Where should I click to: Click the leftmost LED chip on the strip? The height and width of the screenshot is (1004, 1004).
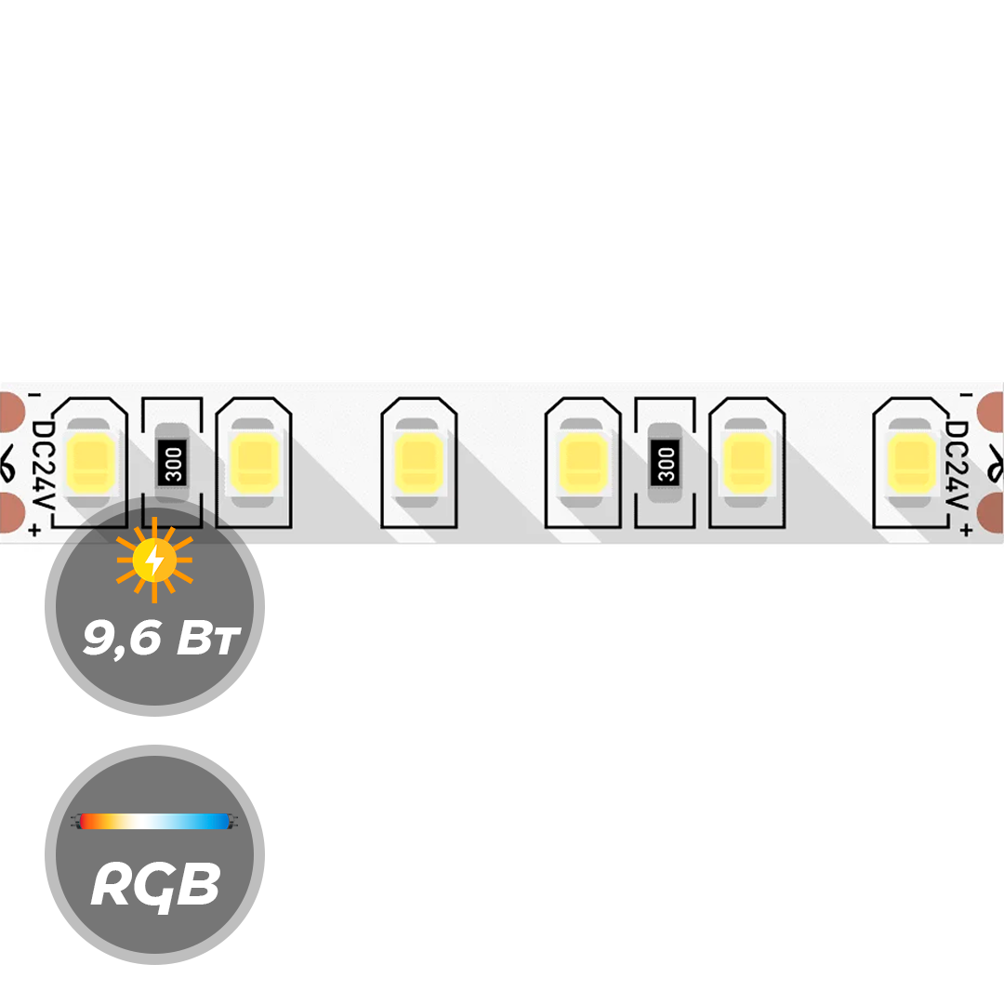click(90, 462)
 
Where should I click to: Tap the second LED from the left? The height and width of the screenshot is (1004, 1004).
click(254, 462)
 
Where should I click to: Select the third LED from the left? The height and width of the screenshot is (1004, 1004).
click(418, 462)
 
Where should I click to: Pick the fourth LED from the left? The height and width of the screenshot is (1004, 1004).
click(583, 462)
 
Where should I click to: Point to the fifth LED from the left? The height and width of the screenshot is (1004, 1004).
click(746, 462)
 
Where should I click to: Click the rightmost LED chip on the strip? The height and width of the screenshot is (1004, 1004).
click(910, 462)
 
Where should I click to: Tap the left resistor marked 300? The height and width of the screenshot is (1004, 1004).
click(173, 463)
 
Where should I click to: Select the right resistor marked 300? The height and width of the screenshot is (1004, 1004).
click(666, 463)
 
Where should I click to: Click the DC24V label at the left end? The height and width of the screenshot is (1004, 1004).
click(44, 464)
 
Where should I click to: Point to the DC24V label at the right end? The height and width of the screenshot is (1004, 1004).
click(958, 464)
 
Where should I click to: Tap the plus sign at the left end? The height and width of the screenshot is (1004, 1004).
click(35, 530)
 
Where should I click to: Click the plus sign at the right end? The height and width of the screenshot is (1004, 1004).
click(967, 530)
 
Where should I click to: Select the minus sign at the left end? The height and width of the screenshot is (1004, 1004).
click(35, 396)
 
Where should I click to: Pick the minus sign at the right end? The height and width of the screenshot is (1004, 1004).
click(967, 396)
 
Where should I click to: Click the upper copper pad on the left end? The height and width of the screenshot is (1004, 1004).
click(11, 412)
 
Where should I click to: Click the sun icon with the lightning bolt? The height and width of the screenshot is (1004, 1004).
click(154, 561)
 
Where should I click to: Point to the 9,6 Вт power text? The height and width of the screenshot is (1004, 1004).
click(162, 638)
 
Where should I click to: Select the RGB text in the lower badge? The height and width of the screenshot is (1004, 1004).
click(155, 886)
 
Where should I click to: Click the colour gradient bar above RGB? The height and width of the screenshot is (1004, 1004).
click(153, 822)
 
